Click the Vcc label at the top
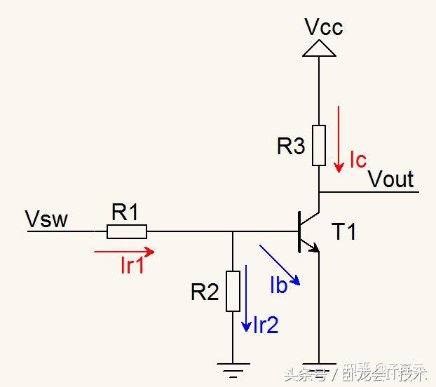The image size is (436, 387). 323,27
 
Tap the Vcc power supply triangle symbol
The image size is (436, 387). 319,48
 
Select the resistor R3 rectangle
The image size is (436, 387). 319,145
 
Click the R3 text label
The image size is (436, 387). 291,147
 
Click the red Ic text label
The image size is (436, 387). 357,161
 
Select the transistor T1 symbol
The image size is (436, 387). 306,231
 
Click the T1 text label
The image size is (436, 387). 343,231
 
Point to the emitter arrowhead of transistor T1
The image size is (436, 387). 315,247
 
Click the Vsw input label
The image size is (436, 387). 47,219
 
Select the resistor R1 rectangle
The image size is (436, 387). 127,231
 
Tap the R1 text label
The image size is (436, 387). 125,212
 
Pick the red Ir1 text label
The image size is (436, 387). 132,266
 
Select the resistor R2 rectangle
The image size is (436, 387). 233,291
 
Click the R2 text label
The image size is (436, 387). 205,292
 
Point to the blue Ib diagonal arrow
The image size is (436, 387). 280,264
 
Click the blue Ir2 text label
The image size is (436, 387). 266,325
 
